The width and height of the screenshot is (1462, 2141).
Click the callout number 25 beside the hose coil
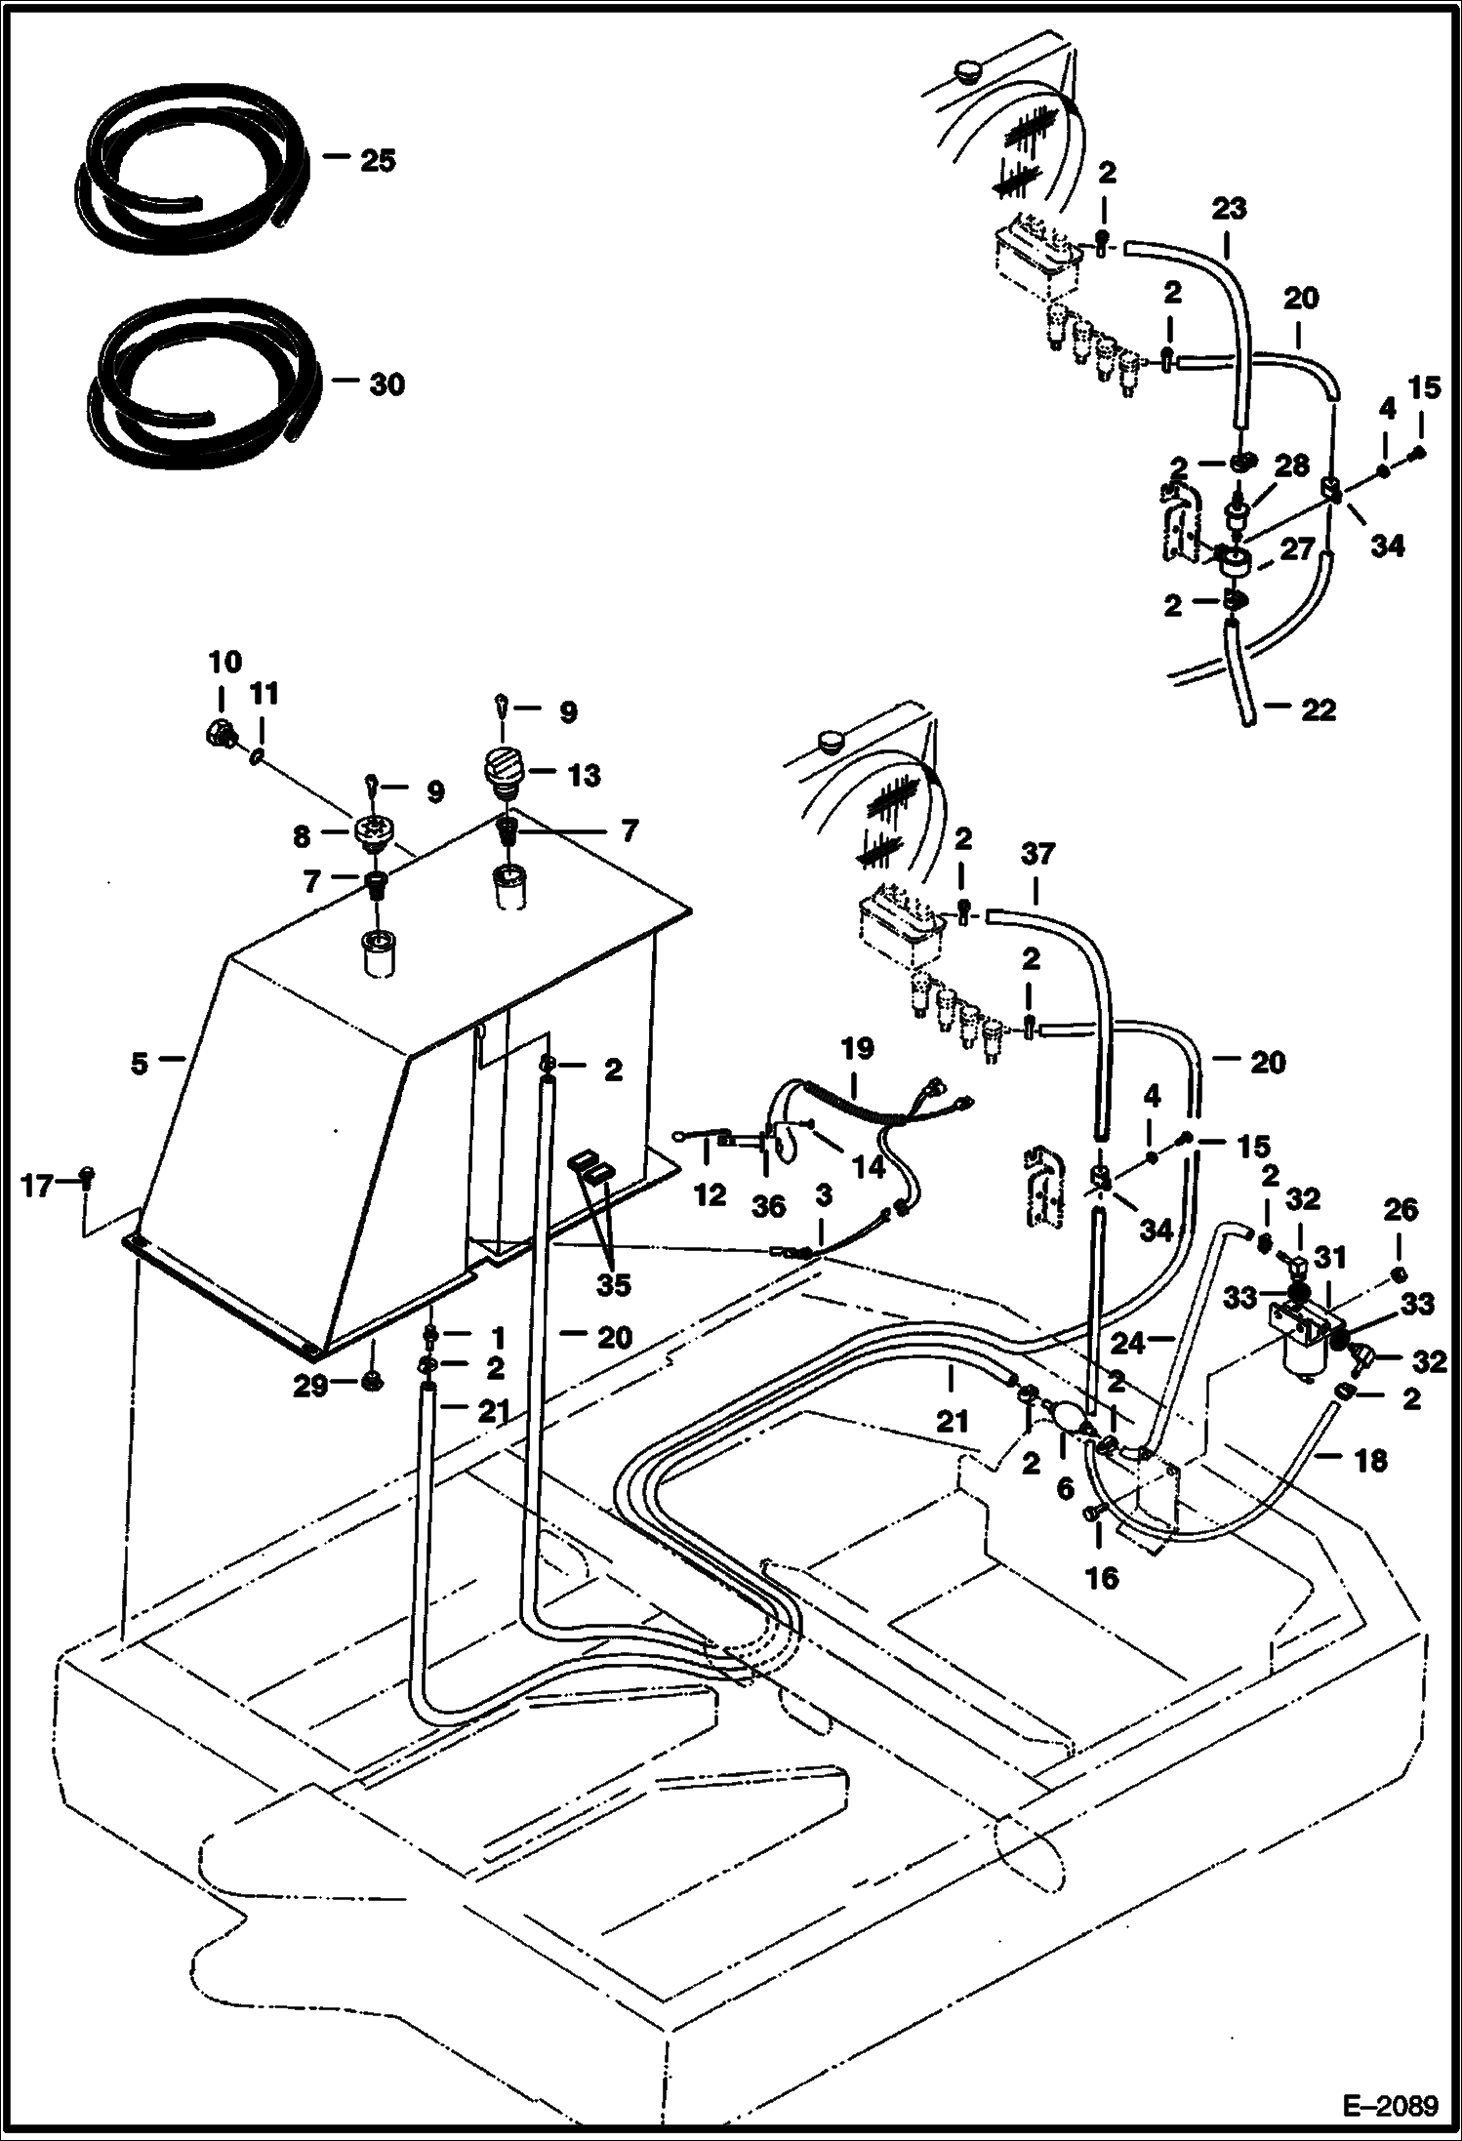pyautogui.click(x=378, y=160)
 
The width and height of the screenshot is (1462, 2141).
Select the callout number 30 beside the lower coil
pyautogui.click(x=386, y=384)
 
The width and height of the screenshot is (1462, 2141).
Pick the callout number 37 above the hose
pyautogui.click(x=1037, y=854)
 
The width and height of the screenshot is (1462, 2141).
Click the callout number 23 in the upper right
pyautogui.click(x=1230, y=208)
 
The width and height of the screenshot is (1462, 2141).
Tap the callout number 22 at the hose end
pyautogui.click(x=1318, y=709)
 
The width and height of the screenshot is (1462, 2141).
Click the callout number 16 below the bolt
pyautogui.click(x=1102, y=1578)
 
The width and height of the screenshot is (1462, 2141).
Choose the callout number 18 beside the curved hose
pyautogui.click(x=1370, y=1460)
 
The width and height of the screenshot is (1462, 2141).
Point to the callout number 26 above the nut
pyautogui.click(x=1400, y=1211)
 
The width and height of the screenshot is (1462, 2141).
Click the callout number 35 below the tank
pyautogui.click(x=613, y=1284)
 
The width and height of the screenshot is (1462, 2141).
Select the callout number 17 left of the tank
pyautogui.click(x=37, y=1188)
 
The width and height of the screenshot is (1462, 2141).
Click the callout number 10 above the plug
pyautogui.click(x=224, y=662)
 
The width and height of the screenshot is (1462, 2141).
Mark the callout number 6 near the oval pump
pyautogui.click(x=1065, y=1488)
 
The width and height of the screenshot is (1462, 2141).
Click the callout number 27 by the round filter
pyautogui.click(x=1298, y=548)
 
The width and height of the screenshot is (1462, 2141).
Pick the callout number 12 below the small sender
pyautogui.click(x=710, y=1195)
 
